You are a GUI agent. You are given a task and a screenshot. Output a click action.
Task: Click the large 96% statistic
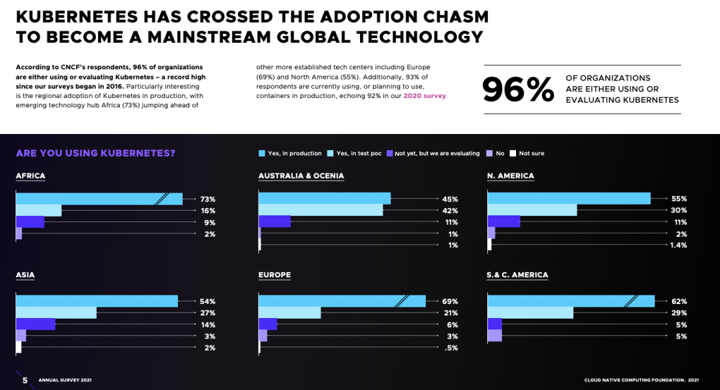518,90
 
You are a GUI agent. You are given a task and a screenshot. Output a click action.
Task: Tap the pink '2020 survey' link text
425,96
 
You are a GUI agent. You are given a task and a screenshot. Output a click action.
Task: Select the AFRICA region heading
31,176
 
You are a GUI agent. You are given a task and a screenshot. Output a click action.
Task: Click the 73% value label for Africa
208,199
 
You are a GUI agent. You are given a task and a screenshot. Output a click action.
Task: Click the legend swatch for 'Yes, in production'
262,153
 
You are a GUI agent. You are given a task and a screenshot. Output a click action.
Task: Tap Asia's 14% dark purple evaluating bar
35,325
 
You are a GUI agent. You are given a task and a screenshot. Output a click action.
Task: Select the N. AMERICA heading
511,176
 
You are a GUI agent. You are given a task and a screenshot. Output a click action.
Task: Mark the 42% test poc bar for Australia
321,211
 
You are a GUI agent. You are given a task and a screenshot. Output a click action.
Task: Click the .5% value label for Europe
452,348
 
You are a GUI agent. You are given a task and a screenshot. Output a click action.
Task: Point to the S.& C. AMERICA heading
518,275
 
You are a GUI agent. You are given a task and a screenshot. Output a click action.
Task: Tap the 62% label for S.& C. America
679,301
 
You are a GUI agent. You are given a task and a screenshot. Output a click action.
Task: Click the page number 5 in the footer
25,380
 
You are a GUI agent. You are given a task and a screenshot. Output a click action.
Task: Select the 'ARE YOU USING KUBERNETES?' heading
95,153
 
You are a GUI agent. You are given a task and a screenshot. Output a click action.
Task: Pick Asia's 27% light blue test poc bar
56,313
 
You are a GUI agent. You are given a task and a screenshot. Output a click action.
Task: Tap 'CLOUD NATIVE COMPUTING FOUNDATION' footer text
633,380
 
